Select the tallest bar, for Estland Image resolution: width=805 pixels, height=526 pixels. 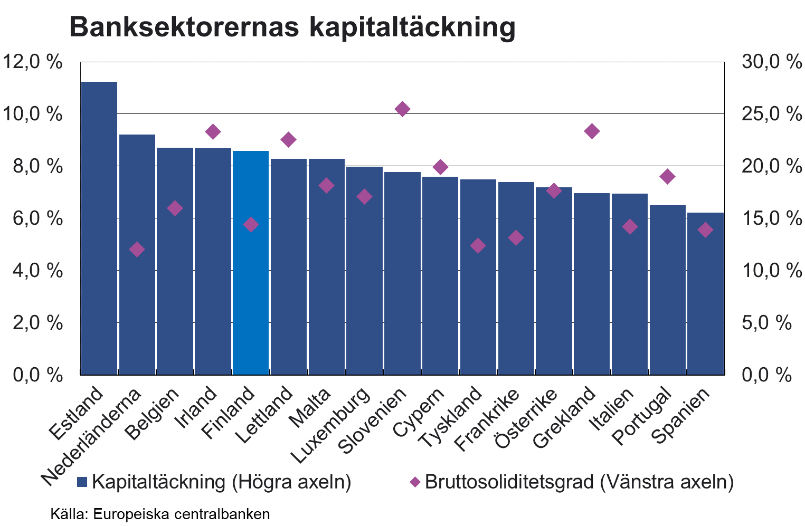tap(99, 227)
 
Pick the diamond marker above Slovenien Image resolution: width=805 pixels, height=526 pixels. tap(402, 109)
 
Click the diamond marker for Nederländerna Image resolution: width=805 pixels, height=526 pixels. tap(137, 250)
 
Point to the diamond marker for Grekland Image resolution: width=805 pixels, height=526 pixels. tap(592, 131)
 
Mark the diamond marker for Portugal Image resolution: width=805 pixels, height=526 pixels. tap(667, 176)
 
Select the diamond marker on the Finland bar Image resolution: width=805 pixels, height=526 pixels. tap(251, 225)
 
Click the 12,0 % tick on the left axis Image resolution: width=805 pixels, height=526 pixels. tap(33, 62)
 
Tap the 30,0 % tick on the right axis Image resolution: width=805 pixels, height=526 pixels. tap(771, 62)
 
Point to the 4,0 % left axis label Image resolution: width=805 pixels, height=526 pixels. tap(33, 271)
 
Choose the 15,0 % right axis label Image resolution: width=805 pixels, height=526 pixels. tap(771, 218)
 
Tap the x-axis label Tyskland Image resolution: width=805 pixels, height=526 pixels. tap(450, 417)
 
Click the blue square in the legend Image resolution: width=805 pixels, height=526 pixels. tap(82, 482)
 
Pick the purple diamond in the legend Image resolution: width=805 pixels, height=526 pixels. tap(415, 482)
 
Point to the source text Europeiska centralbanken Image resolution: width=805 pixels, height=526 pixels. tap(181, 514)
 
